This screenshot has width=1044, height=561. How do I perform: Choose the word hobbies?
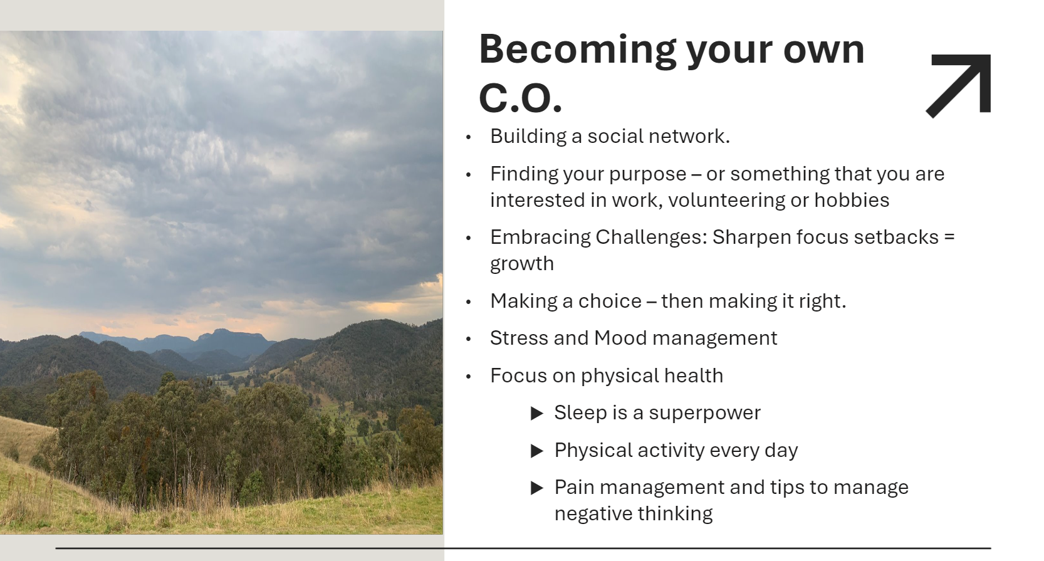(852, 200)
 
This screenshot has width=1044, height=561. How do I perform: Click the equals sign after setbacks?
(949, 238)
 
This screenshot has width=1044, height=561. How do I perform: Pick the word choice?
(610, 301)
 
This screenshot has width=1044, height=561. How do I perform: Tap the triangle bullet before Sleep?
(537, 413)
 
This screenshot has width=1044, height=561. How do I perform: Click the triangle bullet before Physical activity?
(537, 451)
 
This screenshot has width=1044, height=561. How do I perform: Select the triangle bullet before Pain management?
(537, 488)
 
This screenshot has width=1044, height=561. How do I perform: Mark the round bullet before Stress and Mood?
(468, 339)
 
